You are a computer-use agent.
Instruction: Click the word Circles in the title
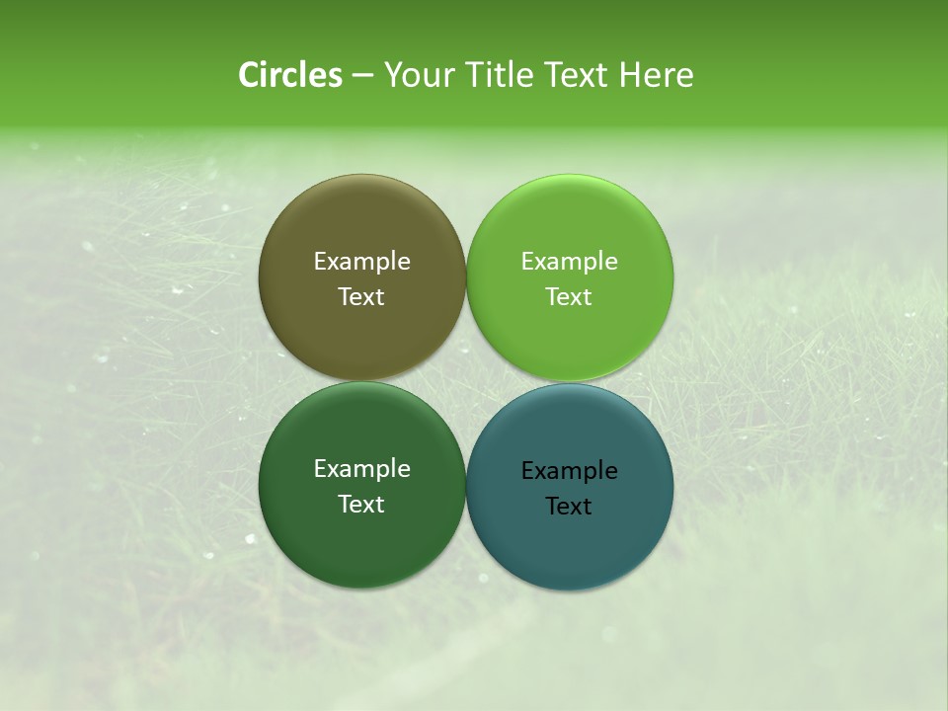pyautogui.click(x=289, y=75)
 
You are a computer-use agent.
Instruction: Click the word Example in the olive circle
pyautogui.click(x=361, y=262)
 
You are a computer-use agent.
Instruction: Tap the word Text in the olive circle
pyautogui.click(x=361, y=297)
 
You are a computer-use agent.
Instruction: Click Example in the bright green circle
pyautogui.click(x=570, y=262)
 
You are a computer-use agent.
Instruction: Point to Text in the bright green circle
pyautogui.click(x=570, y=297)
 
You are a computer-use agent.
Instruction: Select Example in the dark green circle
pyautogui.click(x=361, y=469)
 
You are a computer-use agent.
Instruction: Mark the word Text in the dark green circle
pyautogui.click(x=361, y=505)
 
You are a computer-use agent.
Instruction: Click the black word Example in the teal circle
pyautogui.click(x=570, y=471)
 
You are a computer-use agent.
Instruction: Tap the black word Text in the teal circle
pyautogui.click(x=570, y=507)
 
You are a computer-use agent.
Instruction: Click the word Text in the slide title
pyautogui.click(x=578, y=75)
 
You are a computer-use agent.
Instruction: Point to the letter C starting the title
pyautogui.click(x=250, y=75)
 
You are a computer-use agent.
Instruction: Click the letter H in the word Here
pyautogui.click(x=631, y=75)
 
